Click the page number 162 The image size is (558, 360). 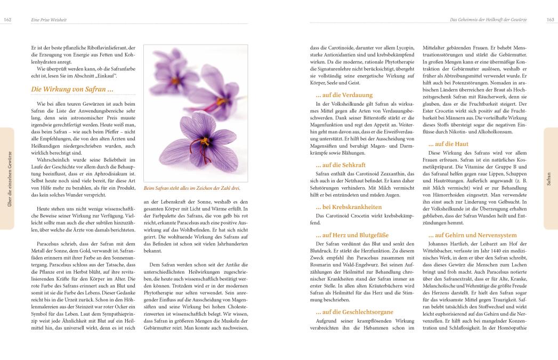[7, 20]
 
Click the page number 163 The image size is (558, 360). [551, 20]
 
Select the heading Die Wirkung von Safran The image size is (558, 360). [72, 89]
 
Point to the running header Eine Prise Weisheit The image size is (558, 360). [44, 20]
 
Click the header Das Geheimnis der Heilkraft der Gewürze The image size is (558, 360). [488, 20]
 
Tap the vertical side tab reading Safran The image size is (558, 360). [549, 179]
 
